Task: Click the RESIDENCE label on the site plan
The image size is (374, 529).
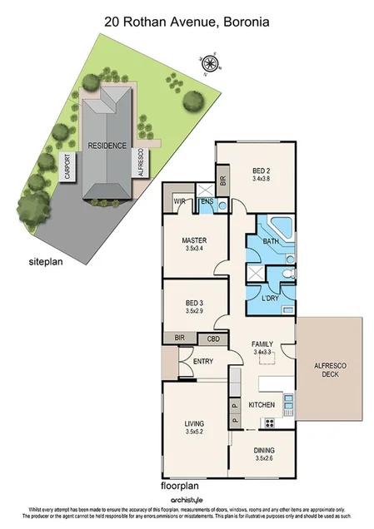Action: (x=107, y=146)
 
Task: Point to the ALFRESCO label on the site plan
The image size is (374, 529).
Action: (x=142, y=162)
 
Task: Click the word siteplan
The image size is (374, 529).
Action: (x=47, y=260)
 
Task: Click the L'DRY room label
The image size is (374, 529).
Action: (x=270, y=297)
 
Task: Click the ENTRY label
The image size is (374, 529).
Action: (x=203, y=361)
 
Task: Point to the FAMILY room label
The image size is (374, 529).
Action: (x=264, y=343)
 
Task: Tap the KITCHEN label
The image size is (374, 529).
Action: (x=262, y=404)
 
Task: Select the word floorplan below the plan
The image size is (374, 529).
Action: (x=180, y=485)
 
